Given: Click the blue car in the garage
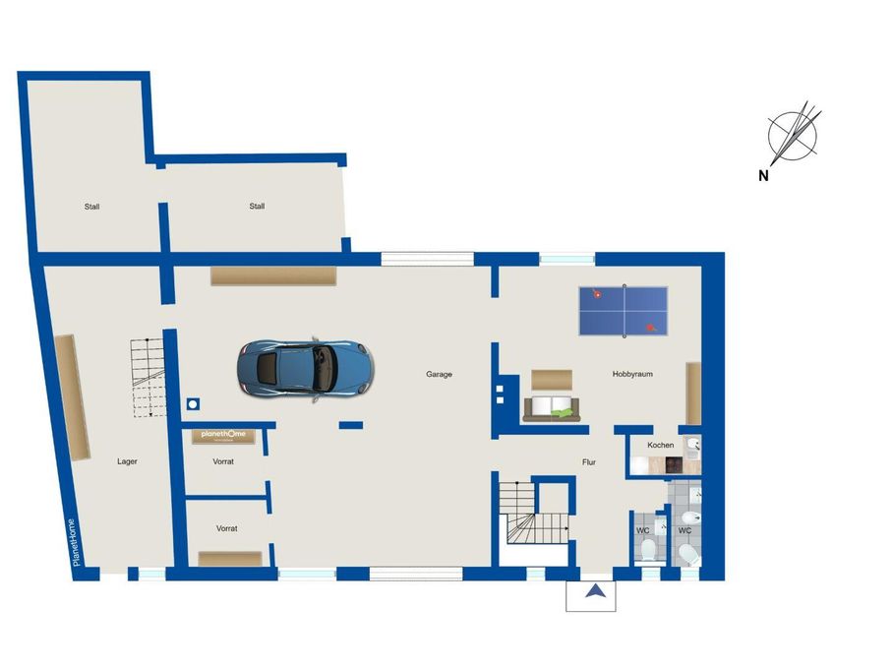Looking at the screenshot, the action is (305, 369).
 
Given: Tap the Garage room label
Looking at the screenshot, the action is (439, 375).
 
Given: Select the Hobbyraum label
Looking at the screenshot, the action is (632, 375).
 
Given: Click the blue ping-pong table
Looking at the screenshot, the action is (624, 311).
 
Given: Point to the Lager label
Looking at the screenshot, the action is (127, 461).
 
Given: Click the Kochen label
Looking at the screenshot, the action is (660, 445).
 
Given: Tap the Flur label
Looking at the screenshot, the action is (589, 462).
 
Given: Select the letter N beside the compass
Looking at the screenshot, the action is (763, 176).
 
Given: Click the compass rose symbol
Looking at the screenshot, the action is (794, 135).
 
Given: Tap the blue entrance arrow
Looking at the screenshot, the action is (596, 591).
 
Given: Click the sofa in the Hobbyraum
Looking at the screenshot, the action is (552, 409).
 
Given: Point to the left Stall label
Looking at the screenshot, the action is (91, 207).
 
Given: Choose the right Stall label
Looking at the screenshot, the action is (257, 207).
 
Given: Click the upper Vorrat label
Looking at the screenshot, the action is (222, 461).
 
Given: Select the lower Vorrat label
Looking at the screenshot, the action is (226, 529).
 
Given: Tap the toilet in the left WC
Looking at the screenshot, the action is (648, 550).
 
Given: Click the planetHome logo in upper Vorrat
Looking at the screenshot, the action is (223, 434).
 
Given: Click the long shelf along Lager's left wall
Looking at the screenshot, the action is (73, 396).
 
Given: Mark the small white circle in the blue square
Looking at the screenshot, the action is (193, 404).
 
